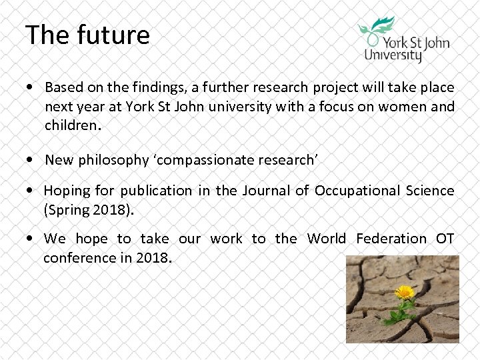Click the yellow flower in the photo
[x=403, y=292]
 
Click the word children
[x=70, y=125]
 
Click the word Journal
[x=265, y=191]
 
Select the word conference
[x=78, y=257]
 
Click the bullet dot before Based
[x=32, y=88]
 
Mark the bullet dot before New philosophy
[x=32, y=161]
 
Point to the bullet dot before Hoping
[x=32, y=191]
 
